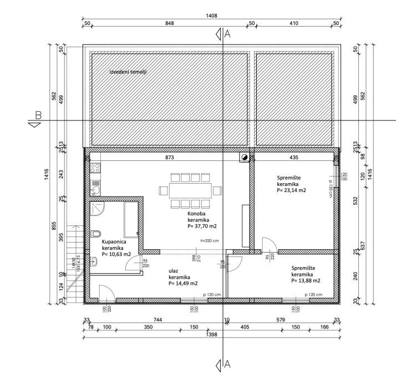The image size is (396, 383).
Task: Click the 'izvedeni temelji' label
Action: (x=128, y=72)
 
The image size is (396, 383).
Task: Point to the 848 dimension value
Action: (x=170, y=23)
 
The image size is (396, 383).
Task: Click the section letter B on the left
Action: (x=38, y=116)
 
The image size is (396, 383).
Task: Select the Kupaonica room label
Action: (x=114, y=242)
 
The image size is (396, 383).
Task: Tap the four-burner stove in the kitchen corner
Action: (x=95, y=167)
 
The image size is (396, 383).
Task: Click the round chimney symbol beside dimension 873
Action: (x=243, y=158)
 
